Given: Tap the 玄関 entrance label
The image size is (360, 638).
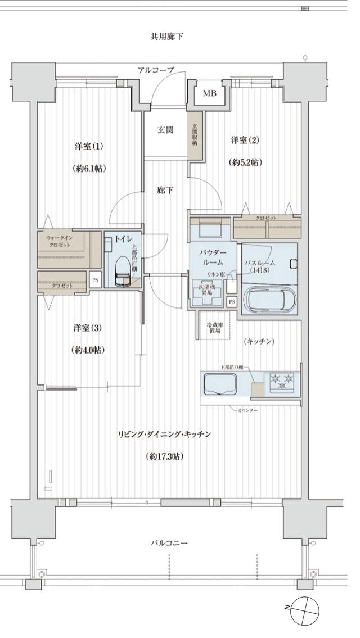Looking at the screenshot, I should pyautogui.click(x=165, y=130).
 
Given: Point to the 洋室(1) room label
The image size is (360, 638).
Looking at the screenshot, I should pyautogui.click(x=89, y=146).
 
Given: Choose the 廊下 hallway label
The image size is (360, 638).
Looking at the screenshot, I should pyautogui.click(x=165, y=190).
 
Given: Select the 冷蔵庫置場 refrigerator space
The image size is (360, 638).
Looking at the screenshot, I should pyautogui.click(x=211, y=325).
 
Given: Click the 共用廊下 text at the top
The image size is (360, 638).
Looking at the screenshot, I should pyautogui.click(x=166, y=37).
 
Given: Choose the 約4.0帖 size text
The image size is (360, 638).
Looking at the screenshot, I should pyautogui.click(x=89, y=349).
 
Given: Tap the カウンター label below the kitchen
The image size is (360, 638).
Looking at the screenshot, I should pyautogui.click(x=248, y=411).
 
